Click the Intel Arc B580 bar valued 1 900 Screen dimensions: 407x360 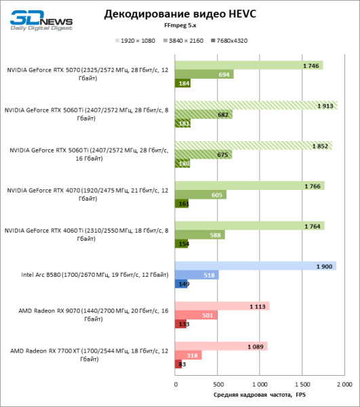click(256, 265)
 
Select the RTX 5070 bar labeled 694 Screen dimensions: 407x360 click(205, 74)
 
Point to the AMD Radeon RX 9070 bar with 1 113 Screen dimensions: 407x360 click(222, 305)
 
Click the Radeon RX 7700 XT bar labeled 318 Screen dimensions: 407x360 click(188, 355)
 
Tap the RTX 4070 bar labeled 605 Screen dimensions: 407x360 click(201, 195)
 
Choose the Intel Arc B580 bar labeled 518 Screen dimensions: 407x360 click(197, 275)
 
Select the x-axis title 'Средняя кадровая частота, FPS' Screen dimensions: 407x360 click(260, 394)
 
